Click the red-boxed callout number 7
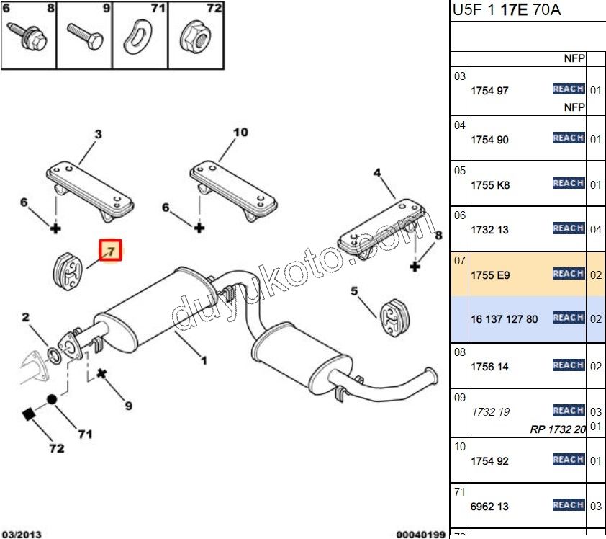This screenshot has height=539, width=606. click(x=112, y=251)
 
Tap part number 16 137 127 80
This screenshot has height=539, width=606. click(x=504, y=318)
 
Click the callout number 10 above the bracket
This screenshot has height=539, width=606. click(x=240, y=133)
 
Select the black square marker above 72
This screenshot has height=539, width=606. click(x=28, y=414)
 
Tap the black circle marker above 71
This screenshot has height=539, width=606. click(x=52, y=398)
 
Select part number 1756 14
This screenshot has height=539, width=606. click(x=489, y=367)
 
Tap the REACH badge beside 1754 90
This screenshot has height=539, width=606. click(x=568, y=138)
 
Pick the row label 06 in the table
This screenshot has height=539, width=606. click(x=460, y=215)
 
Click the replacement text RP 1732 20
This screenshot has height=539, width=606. click(x=558, y=429)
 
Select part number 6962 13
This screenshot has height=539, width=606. click(x=489, y=507)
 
